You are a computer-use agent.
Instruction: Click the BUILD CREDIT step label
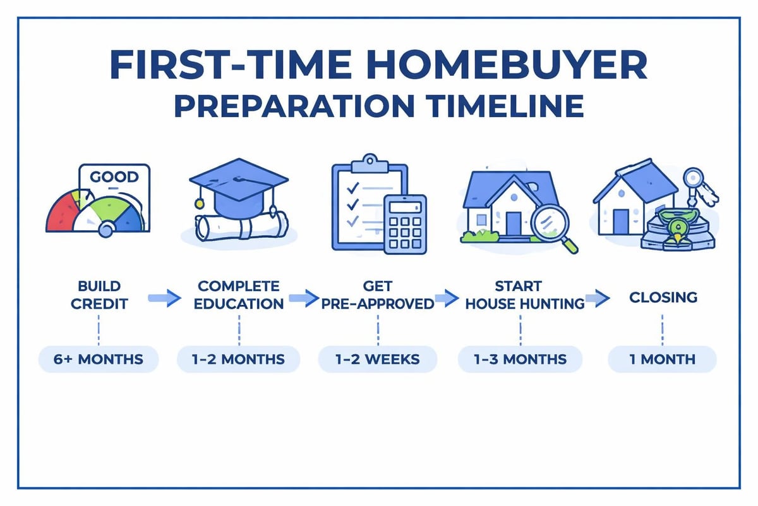tap(99, 295)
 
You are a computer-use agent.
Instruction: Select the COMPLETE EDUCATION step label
tap(239, 295)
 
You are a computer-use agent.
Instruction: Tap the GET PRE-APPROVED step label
tap(377, 295)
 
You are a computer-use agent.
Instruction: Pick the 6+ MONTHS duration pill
tap(98, 359)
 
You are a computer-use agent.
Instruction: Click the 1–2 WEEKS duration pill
tap(377, 359)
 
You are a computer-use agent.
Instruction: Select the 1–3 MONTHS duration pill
tap(520, 359)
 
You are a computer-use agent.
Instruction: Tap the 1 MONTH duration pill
tap(662, 359)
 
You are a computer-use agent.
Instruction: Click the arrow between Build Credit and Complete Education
tap(160, 299)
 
